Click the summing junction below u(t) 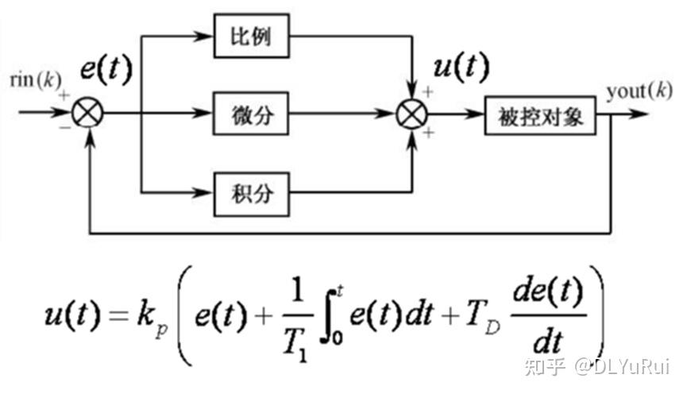(x=411, y=114)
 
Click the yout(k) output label (x=639, y=91)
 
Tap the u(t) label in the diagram (x=461, y=68)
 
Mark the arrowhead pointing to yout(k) (x=642, y=114)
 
